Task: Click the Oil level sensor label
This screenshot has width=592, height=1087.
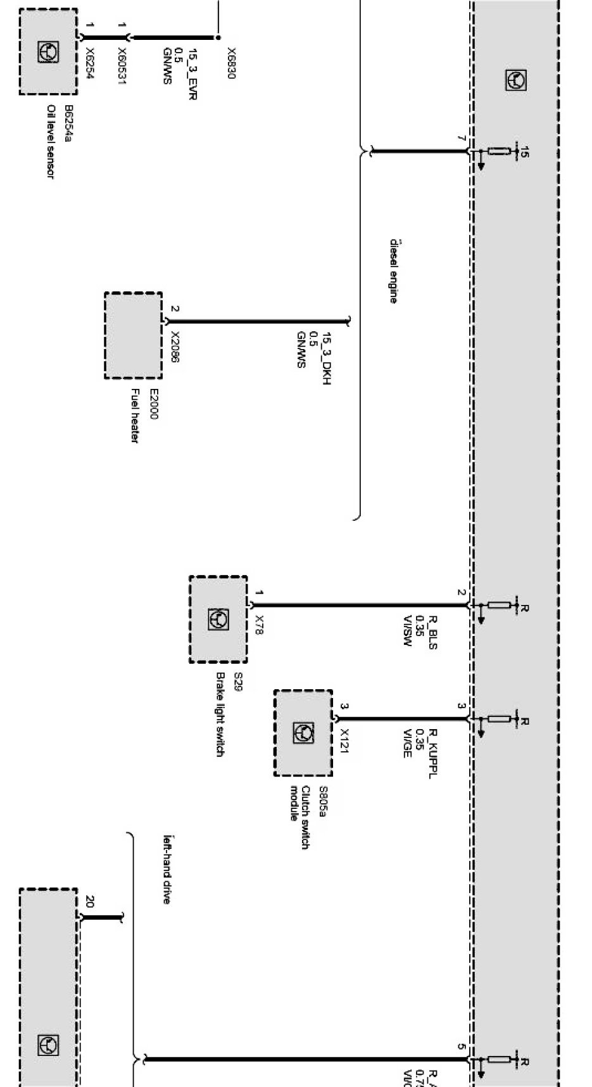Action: pyautogui.click(x=50, y=142)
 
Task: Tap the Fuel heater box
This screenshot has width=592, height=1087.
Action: pyautogui.click(x=133, y=336)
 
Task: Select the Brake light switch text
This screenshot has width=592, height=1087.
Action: pyautogui.click(x=219, y=714)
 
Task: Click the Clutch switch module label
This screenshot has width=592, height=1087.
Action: pyautogui.click(x=299, y=818)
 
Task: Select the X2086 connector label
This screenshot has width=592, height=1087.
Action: pyautogui.click(x=175, y=348)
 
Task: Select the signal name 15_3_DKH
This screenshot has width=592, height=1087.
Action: pyautogui.click(x=327, y=359)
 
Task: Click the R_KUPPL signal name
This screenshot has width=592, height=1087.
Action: pyautogui.click(x=433, y=753)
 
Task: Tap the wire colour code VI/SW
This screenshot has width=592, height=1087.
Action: pyautogui.click(x=407, y=630)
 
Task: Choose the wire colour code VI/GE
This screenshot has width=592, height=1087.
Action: pyautogui.click(x=407, y=743)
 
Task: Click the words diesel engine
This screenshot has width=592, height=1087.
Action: pyautogui.click(x=393, y=271)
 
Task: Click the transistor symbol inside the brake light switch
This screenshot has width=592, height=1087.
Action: pyautogui.click(x=218, y=620)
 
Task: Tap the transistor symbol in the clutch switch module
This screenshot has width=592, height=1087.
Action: pyautogui.click(x=303, y=733)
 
